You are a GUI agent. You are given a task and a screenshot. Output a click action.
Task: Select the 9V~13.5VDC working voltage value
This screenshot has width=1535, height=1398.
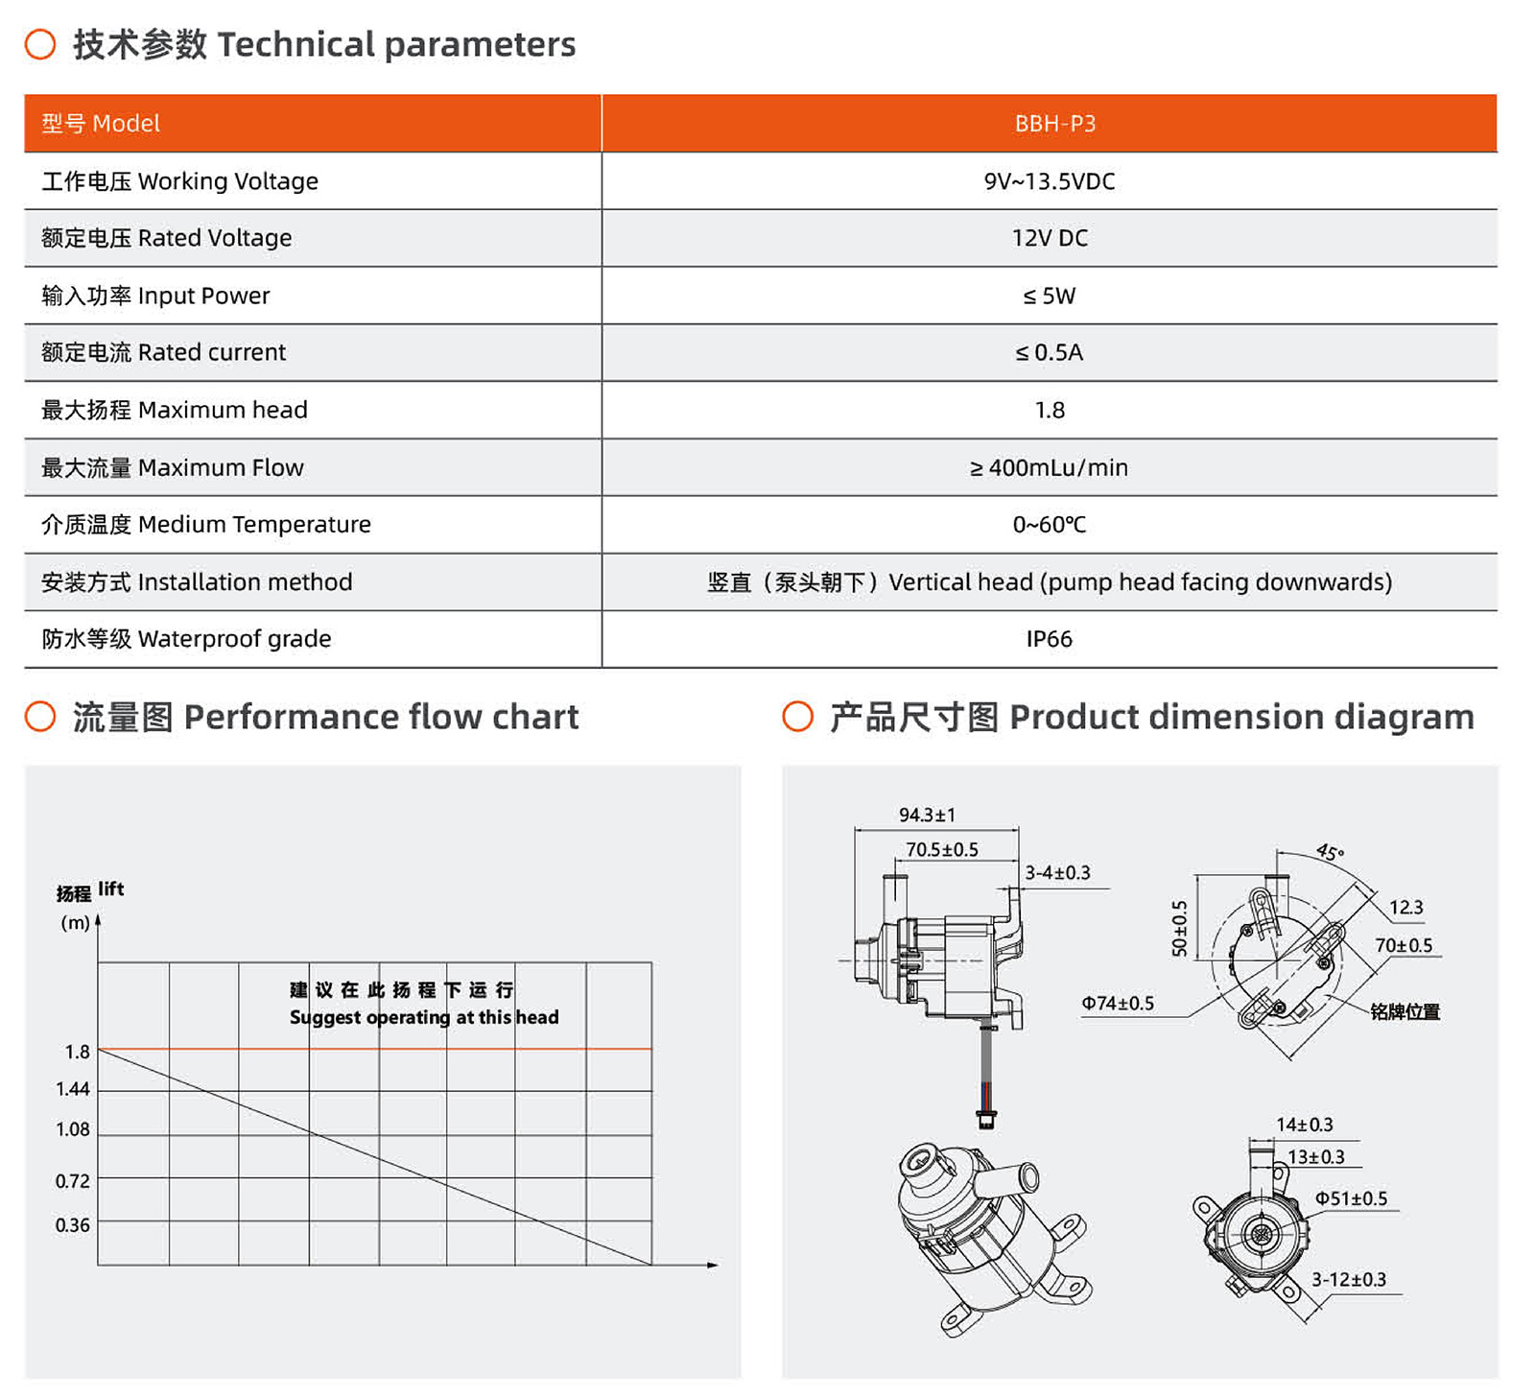click(1050, 181)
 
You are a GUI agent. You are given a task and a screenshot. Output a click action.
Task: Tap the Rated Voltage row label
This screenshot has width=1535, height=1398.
click(167, 238)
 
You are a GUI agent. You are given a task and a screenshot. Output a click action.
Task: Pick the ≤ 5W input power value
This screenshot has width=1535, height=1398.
click(1050, 296)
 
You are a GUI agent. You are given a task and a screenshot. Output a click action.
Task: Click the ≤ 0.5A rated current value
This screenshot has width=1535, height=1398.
click(1050, 352)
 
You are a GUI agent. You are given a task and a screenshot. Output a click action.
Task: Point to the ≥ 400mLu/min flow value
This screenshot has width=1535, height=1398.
click(1050, 467)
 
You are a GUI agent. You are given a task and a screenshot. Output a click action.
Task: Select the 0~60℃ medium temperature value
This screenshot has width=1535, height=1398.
click(1050, 525)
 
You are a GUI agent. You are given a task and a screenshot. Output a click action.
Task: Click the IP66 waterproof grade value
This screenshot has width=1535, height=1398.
click(1050, 639)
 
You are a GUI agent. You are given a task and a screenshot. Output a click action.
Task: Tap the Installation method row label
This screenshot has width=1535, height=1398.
click(197, 582)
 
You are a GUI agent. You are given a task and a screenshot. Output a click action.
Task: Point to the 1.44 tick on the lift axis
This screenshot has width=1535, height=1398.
click(73, 1089)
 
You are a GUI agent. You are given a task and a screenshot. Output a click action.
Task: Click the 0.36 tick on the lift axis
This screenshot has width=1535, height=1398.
click(73, 1225)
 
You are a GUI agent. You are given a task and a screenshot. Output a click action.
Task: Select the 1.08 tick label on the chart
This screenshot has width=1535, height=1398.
click(73, 1129)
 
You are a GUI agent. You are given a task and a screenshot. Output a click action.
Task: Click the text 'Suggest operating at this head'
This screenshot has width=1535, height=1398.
click(424, 1017)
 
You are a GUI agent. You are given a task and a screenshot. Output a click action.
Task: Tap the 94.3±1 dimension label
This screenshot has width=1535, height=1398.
click(927, 815)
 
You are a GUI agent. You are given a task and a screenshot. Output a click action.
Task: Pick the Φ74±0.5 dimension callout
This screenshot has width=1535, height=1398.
click(1118, 1004)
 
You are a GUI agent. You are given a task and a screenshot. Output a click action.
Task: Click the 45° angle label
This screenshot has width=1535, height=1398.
click(1330, 852)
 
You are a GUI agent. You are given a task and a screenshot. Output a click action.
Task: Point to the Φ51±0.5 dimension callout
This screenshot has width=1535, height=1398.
click(1351, 1198)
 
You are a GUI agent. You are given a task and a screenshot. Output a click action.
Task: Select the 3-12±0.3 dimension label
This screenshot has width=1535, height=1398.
click(1349, 1280)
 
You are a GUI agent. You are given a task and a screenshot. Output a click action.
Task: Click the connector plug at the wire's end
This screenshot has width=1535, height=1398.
click(986, 1118)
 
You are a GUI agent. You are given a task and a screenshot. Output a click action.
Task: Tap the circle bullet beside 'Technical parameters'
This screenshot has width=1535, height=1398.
click(40, 44)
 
